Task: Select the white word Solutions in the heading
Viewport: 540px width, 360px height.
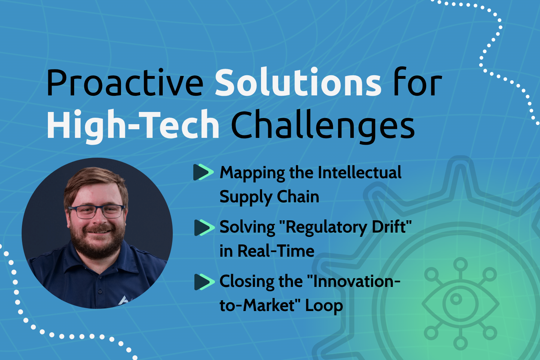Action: click(x=298, y=83)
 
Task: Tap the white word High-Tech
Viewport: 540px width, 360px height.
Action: click(x=133, y=125)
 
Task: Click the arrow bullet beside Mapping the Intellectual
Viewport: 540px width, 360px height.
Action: click(x=203, y=172)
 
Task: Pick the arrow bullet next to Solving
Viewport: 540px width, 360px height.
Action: click(x=204, y=228)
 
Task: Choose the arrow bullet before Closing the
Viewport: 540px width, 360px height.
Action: click(x=204, y=282)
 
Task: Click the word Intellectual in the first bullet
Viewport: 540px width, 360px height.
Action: click(x=360, y=172)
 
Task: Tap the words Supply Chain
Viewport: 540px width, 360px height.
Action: click(x=269, y=197)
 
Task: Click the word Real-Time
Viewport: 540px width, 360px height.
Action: click(x=276, y=251)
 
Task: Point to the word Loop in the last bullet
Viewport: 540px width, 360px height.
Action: click(x=324, y=306)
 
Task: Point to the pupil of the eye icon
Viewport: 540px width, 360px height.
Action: click(x=456, y=299)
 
